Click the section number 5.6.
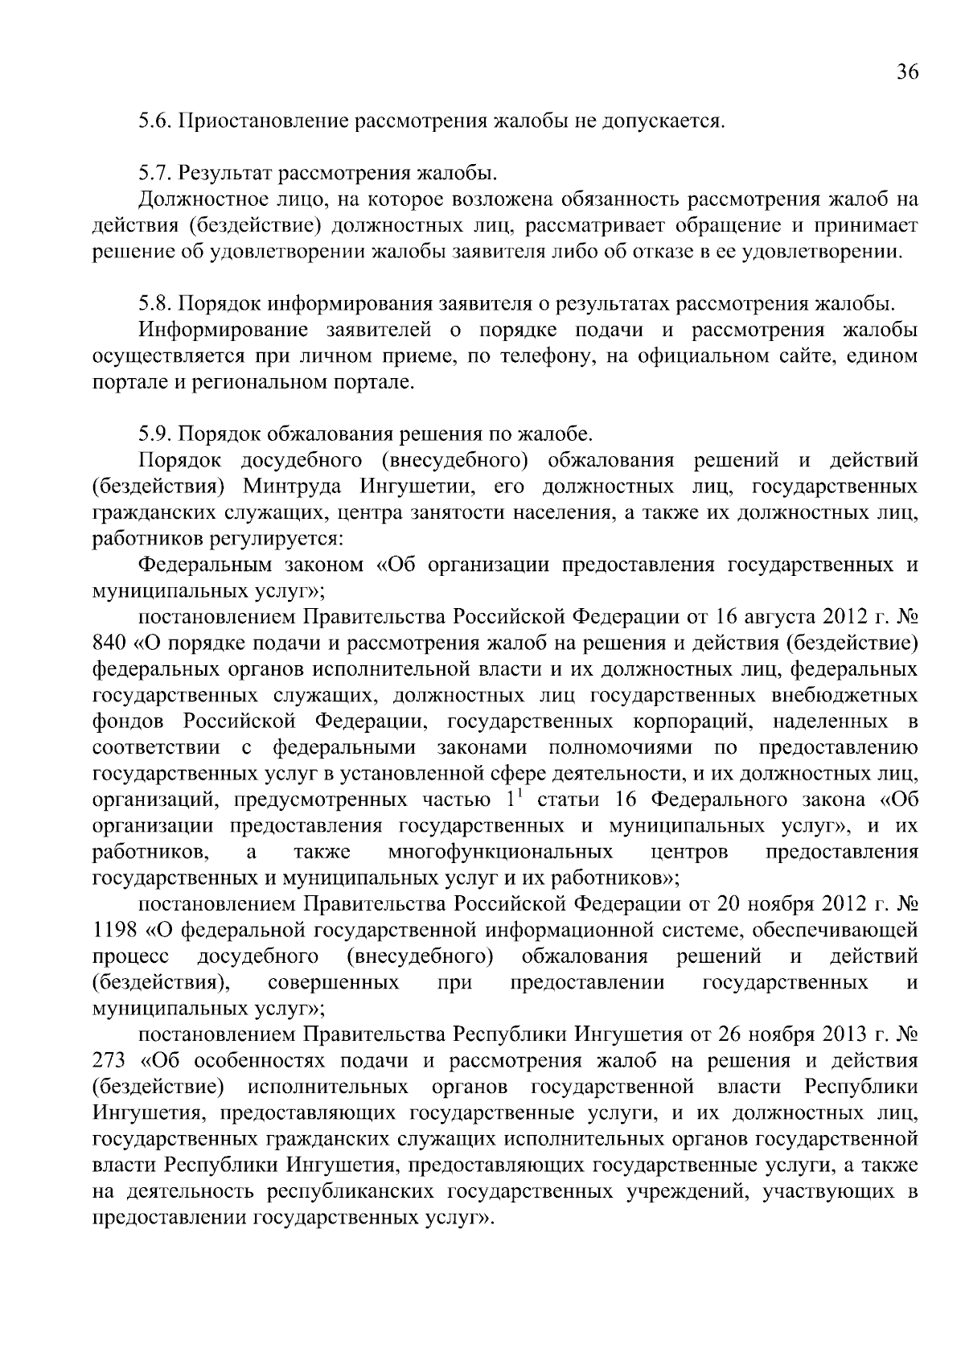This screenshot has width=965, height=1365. point(154,122)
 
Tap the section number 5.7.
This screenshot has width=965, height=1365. point(154,174)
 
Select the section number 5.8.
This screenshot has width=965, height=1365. point(154,304)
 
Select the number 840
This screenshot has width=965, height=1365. point(109,643)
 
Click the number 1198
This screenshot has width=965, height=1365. point(114,931)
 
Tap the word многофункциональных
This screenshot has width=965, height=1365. point(499,853)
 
